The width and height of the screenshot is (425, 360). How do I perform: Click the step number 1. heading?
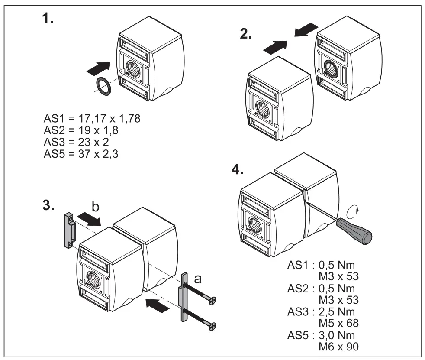click(48, 20)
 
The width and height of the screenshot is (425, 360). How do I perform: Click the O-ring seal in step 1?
click(103, 86)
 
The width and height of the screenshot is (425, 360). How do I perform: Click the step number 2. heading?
click(246, 35)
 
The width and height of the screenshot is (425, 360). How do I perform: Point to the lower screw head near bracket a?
click(212, 325)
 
